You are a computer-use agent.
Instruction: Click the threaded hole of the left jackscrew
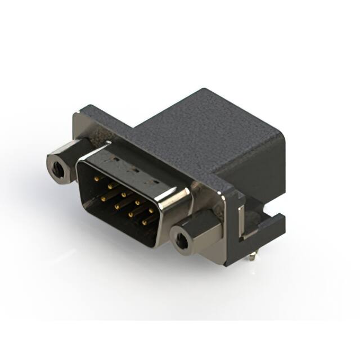click(x=56, y=166)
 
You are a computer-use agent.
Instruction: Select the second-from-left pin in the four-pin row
click(x=118, y=206)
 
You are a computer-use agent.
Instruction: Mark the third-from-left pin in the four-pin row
click(x=130, y=214)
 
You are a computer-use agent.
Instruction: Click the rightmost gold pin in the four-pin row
click(x=144, y=223)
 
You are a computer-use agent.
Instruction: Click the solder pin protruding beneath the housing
click(x=253, y=257)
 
